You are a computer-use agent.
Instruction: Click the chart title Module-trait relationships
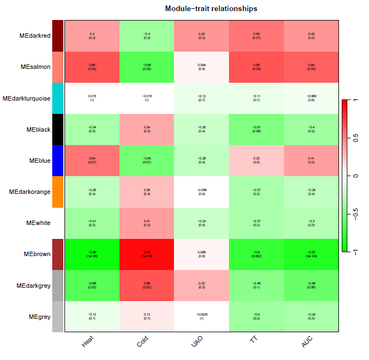point(211,9)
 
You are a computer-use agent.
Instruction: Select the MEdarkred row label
point(35,36)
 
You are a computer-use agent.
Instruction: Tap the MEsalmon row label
point(36,67)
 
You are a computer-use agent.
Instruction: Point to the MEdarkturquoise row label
point(27,98)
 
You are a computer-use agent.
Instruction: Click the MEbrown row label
point(37,254)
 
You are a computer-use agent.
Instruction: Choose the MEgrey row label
point(39,317)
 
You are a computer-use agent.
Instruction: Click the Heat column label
point(88,344)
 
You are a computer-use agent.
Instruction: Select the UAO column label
point(198,344)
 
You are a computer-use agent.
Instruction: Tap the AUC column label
point(307,344)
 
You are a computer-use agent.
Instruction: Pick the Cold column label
point(143,344)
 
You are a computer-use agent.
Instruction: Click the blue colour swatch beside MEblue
point(58,161)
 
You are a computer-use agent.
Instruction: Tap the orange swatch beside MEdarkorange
point(58,192)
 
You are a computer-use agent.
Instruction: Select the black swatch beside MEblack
point(58,129)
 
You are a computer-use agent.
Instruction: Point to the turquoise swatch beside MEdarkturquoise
point(58,98)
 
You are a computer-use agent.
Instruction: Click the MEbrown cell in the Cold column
point(147,254)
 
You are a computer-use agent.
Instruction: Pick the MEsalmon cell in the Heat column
point(92,67)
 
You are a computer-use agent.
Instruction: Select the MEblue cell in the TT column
point(256,161)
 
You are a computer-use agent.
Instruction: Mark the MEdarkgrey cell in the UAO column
point(201,286)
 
